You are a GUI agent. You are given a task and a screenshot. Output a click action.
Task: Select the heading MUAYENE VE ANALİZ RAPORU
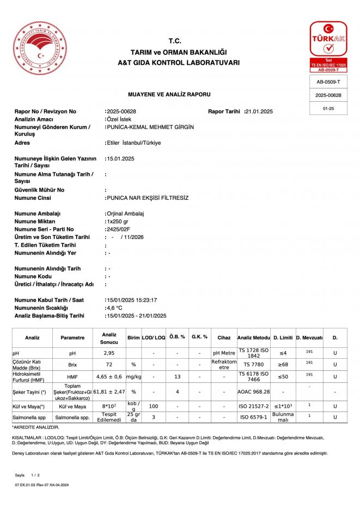tap(169, 94)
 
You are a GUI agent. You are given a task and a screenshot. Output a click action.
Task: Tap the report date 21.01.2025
tap(260, 112)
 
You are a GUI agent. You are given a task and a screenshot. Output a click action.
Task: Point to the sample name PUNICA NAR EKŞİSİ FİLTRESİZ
tap(148, 198)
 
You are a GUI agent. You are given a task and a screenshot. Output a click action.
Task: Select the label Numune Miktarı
tap(35, 222)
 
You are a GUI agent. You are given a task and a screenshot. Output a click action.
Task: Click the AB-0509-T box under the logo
tap(328, 82)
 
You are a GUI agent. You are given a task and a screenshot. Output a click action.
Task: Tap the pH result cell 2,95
tap(109, 353)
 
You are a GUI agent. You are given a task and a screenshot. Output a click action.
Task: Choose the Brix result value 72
tap(109, 364)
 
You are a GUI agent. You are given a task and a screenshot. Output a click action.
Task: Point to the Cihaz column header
tap(224, 338)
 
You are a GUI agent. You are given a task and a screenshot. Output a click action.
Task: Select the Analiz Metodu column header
tap(253, 338)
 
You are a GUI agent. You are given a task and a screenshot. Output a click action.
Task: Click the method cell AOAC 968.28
tap(253, 392)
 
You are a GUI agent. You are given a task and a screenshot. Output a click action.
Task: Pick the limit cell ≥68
tap(283, 364)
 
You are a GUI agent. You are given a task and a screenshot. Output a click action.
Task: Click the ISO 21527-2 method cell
tap(253, 406)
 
